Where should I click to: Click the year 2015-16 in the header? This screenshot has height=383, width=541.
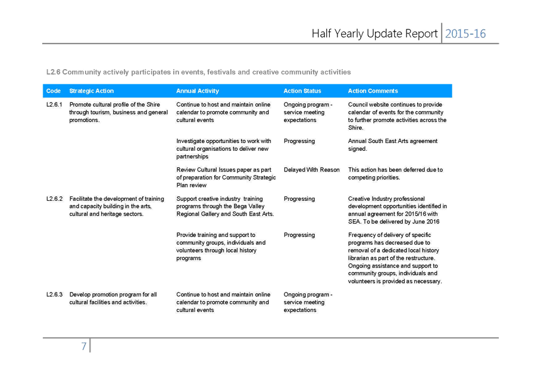[x=465, y=34]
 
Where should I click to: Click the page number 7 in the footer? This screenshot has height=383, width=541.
[x=83, y=346]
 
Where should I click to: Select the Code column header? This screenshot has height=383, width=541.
[x=54, y=91]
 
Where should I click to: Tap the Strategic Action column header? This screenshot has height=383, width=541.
[x=92, y=91]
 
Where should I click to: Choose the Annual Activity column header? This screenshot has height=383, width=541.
[x=198, y=91]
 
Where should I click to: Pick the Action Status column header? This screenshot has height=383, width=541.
[x=302, y=91]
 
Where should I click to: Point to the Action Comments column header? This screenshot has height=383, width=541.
[x=373, y=91]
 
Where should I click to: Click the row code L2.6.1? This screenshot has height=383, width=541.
[x=55, y=105]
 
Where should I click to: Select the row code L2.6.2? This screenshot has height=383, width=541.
[x=55, y=198]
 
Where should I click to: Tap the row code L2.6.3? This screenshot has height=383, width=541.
[x=55, y=295]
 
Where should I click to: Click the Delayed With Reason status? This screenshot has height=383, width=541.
[x=311, y=170]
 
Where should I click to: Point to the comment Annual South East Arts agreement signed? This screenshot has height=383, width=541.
[x=393, y=145]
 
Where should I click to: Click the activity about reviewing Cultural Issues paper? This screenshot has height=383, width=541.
[x=226, y=178]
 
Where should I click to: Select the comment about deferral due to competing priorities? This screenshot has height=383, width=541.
[x=395, y=174]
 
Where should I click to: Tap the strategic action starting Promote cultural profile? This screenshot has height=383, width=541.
[x=118, y=112]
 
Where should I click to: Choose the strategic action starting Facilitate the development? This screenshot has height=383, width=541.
[x=117, y=206]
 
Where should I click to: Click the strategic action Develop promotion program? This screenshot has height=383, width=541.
[x=113, y=298]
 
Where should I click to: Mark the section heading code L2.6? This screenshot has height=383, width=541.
[x=54, y=72]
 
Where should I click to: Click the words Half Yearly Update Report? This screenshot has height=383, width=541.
[x=374, y=34]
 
